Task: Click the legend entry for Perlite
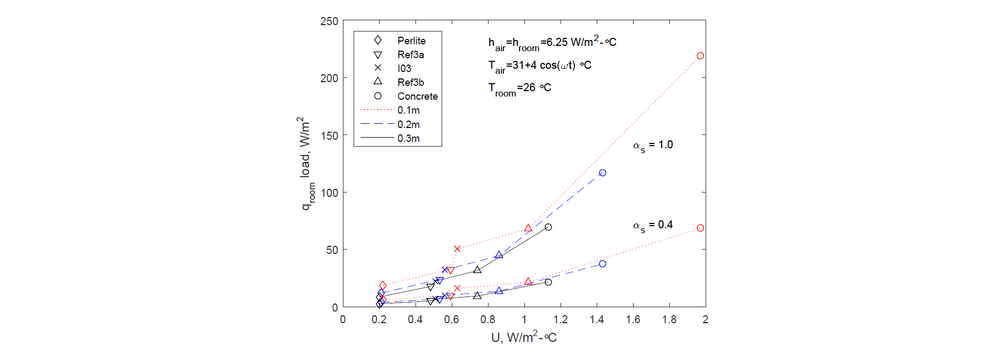[411, 41]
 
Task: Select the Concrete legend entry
[417, 96]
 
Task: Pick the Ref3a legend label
[410, 54]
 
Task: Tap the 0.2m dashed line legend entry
[408, 124]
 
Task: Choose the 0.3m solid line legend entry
[408, 138]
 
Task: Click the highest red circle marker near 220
[700, 56]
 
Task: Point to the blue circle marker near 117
[603, 173]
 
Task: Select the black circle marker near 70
[548, 227]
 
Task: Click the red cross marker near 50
[457, 249]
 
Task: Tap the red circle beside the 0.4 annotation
[700, 228]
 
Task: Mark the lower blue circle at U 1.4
[603, 264]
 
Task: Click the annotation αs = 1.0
[653, 145]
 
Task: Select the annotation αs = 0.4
[653, 225]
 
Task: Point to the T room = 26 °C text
[519, 89]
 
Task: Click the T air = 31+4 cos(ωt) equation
[539, 66]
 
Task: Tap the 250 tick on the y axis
[329, 21]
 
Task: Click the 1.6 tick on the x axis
[633, 319]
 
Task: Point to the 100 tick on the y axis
[329, 193]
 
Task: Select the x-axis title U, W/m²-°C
[524, 337]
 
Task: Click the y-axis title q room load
[305, 163]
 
